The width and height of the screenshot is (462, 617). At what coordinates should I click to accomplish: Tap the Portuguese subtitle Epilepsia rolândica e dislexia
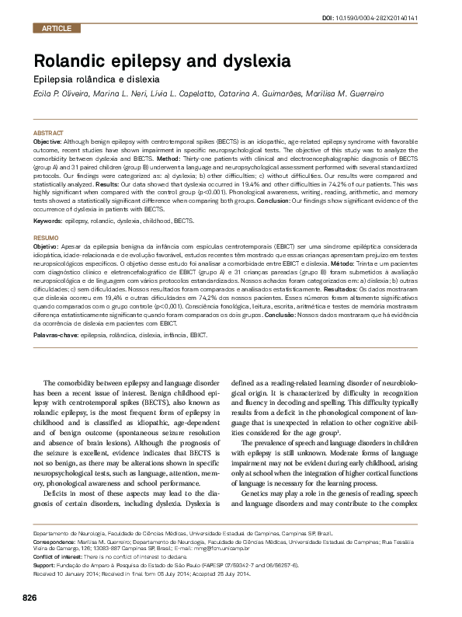(96, 79)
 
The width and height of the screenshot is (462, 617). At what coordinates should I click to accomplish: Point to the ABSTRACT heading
(47, 134)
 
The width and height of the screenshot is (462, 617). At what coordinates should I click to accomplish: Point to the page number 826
(30, 597)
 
